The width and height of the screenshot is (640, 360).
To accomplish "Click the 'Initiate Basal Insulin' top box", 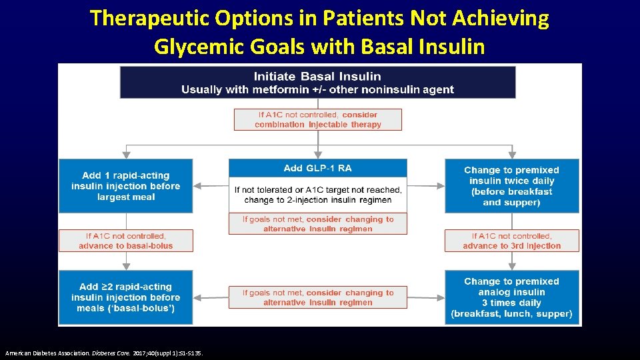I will coord(317,82).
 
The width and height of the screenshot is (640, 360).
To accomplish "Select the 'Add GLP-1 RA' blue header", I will coord(317,168).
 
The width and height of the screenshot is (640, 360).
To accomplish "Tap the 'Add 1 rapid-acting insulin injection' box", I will coord(126,186).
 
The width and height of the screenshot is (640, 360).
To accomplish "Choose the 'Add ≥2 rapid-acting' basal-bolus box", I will coord(126,297).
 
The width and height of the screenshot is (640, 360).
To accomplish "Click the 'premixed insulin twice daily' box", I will coord(511,186).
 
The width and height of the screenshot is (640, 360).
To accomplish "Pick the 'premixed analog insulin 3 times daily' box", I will coord(511,297).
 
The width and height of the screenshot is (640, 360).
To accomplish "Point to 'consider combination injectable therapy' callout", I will coord(318,119).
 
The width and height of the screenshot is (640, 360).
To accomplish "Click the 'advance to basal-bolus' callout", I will coord(126,241).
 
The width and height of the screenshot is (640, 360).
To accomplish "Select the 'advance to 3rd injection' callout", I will coord(511,241).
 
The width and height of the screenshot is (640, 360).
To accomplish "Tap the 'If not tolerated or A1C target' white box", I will coord(317,195).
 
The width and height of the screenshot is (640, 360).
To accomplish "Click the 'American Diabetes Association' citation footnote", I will coord(103,353).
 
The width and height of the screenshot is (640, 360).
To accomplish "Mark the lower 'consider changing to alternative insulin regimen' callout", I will coord(318,297).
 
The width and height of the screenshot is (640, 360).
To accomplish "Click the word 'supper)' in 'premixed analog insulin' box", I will coord(555,313).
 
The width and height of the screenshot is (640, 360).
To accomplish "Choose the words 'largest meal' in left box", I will coord(126,197).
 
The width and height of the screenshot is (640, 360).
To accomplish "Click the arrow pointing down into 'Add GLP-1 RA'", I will coord(318,152).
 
